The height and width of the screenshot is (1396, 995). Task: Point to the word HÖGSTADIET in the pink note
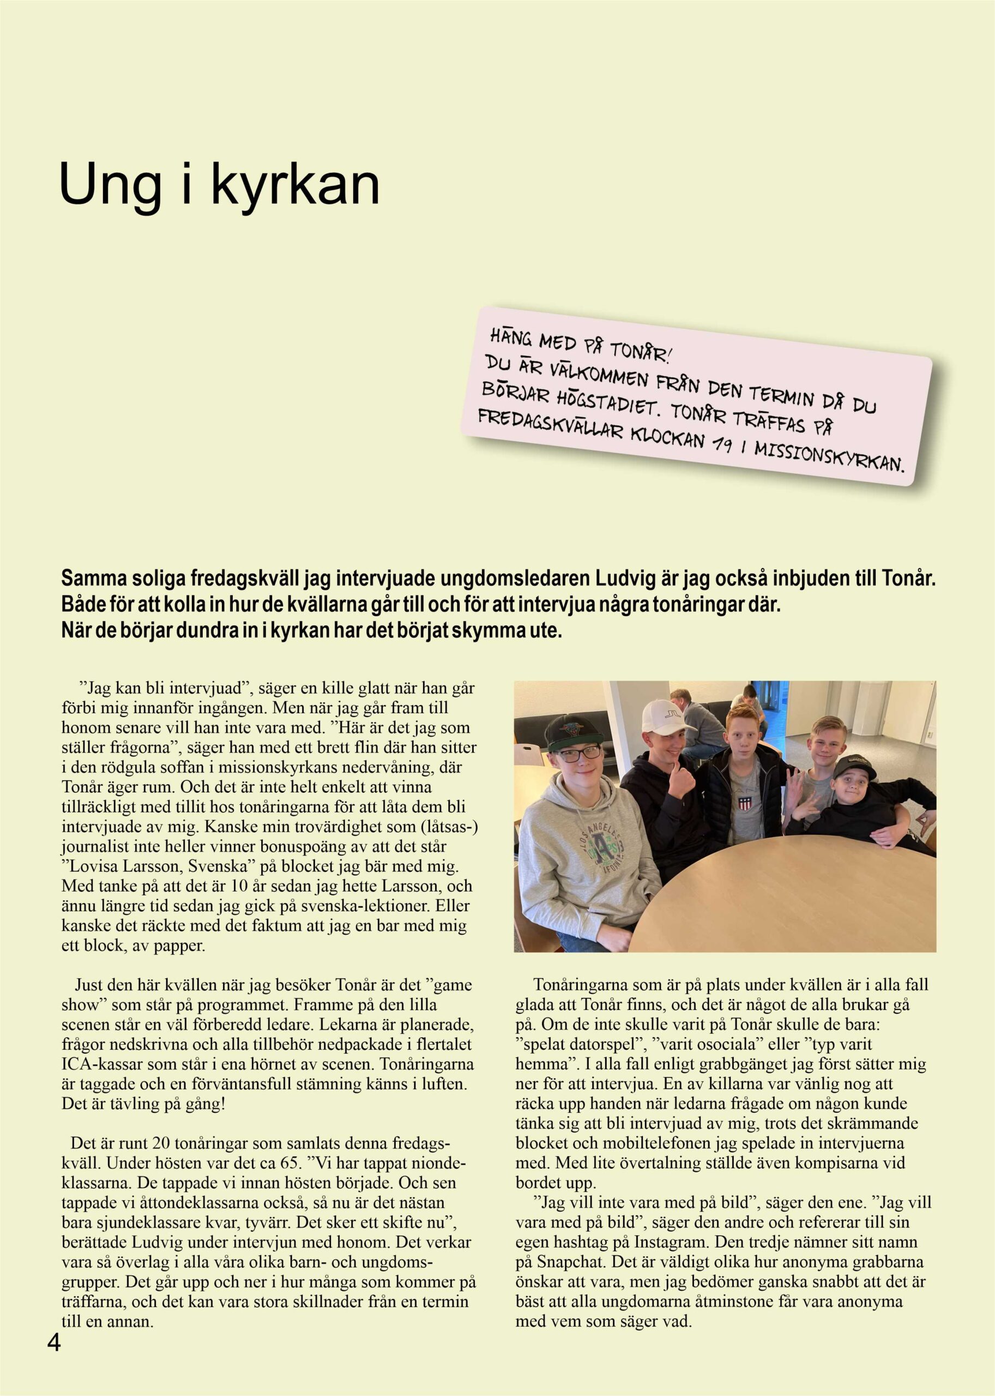(x=587, y=400)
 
